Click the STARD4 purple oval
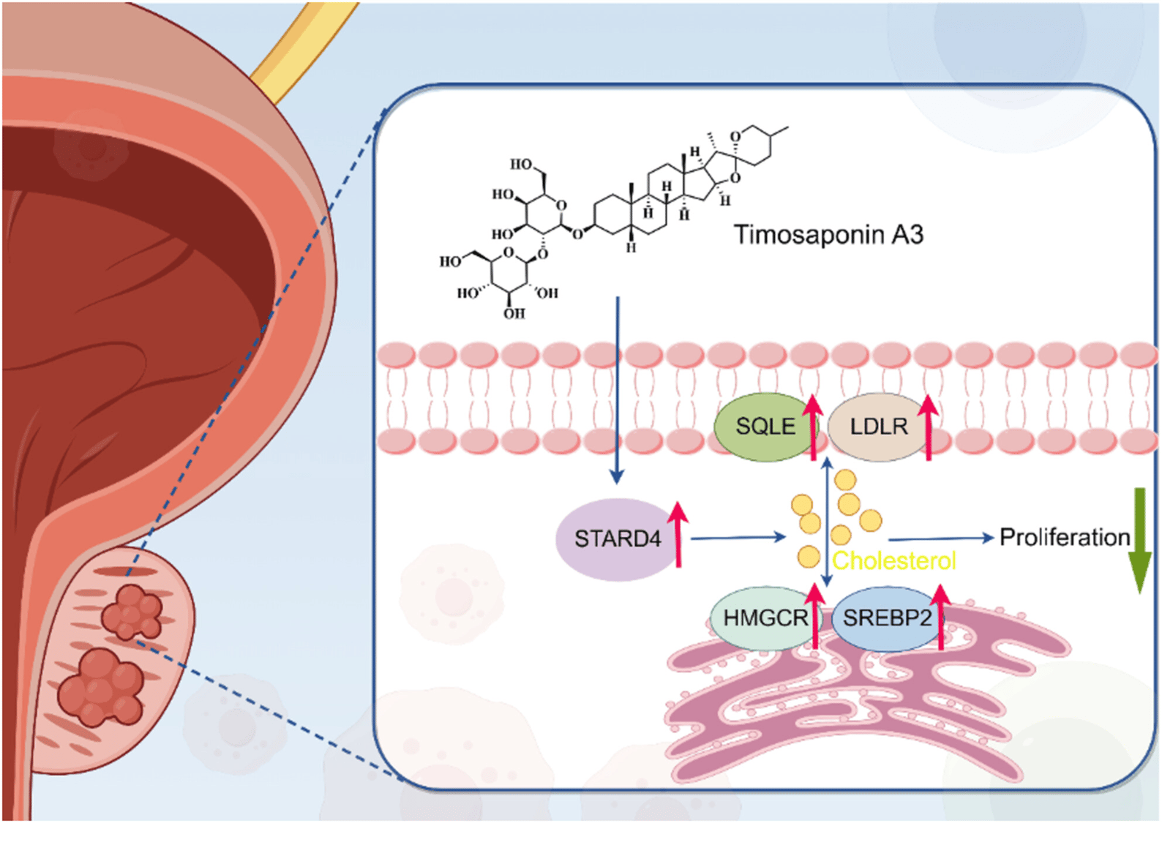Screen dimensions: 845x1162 (616, 539)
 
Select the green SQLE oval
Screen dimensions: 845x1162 (764, 427)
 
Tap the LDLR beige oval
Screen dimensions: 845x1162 (878, 427)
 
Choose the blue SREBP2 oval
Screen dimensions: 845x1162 (886, 618)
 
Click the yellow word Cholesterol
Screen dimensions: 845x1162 (893, 561)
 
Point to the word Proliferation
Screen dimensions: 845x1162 (1064, 538)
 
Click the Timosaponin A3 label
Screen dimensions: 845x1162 (828, 235)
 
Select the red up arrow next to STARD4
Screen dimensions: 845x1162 (679, 534)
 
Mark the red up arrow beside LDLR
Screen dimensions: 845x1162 (928, 427)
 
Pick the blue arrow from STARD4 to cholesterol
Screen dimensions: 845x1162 (738, 538)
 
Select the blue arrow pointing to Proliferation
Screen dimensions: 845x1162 (941, 538)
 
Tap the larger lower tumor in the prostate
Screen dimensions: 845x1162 (101, 687)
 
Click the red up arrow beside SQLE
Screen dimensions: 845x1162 (812, 427)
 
